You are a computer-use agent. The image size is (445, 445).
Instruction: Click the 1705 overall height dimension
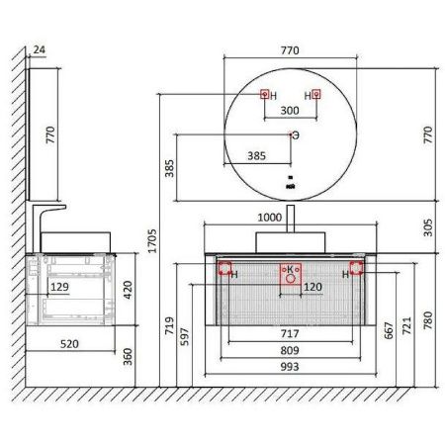[x=152, y=241]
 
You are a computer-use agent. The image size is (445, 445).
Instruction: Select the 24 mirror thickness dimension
[x=40, y=49]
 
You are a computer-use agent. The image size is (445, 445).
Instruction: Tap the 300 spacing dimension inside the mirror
[x=290, y=111]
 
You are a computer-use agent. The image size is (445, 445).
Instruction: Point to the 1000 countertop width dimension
[x=270, y=218]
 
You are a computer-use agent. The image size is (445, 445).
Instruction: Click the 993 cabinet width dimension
[x=290, y=367]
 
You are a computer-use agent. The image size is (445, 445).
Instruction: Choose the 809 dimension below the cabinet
[x=290, y=350]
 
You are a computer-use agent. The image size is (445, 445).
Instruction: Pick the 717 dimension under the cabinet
[x=290, y=333]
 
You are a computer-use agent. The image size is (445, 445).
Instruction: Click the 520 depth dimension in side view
[x=69, y=344]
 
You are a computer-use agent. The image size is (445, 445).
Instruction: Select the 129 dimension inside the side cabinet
[x=59, y=287]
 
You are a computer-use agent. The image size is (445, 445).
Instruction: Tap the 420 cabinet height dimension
[x=128, y=290]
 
